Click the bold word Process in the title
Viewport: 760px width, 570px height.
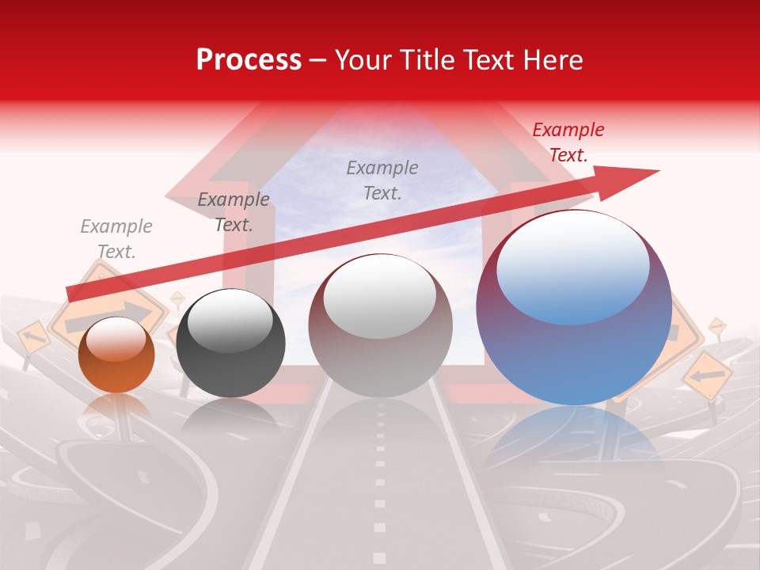(x=249, y=60)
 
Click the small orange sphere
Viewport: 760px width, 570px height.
(x=116, y=355)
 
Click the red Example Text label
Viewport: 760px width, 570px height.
(x=568, y=142)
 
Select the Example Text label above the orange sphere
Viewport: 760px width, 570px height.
(x=116, y=239)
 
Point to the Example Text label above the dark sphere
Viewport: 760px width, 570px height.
(x=233, y=212)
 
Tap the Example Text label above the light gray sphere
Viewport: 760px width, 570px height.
(x=382, y=180)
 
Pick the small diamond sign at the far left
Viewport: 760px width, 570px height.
(x=33, y=338)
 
